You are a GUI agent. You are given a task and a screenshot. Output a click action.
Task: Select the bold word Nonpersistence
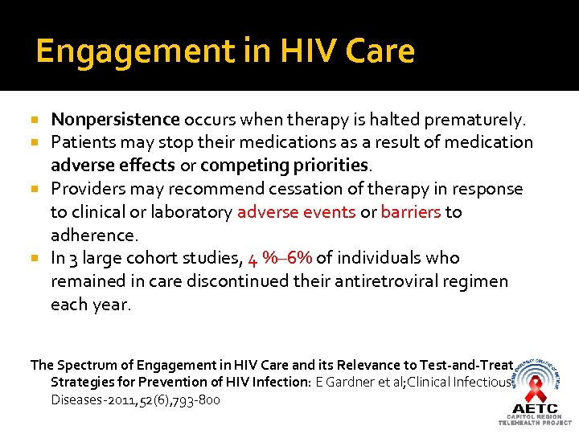[115, 120]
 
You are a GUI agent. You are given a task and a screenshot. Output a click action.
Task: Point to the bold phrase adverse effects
[112, 166]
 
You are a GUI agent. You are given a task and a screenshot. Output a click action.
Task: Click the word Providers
[85, 189]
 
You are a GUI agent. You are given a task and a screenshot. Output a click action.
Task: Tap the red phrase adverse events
[296, 212]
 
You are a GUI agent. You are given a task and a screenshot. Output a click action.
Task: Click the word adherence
[95, 235]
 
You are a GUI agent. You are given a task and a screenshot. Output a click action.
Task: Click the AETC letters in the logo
[535, 407]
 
